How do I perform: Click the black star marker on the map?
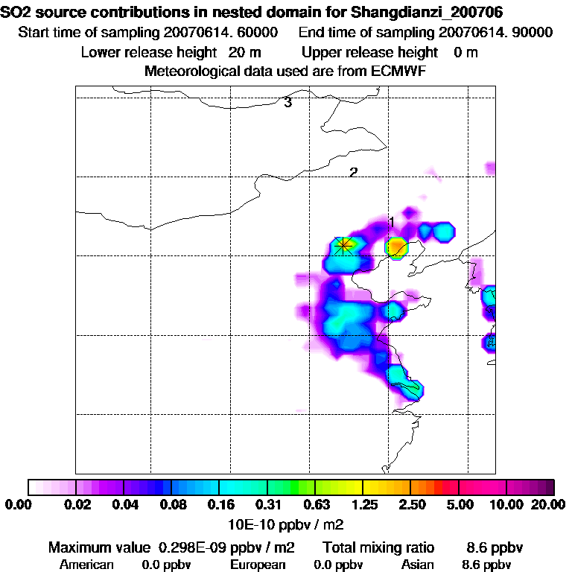pyautogui.click(x=343, y=245)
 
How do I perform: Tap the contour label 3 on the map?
pyautogui.click(x=287, y=103)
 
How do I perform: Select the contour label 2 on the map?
pyautogui.click(x=354, y=172)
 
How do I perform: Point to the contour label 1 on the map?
pyautogui.click(x=391, y=222)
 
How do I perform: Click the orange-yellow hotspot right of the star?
pyautogui.click(x=397, y=247)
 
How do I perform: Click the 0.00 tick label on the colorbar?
pyautogui.click(x=16, y=505)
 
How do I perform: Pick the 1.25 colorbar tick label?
pyautogui.click(x=363, y=505)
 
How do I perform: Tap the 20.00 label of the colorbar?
pyautogui.click(x=548, y=505)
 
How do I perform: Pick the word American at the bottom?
pyautogui.click(x=86, y=565)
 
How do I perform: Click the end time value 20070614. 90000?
pyautogui.click(x=496, y=33)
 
